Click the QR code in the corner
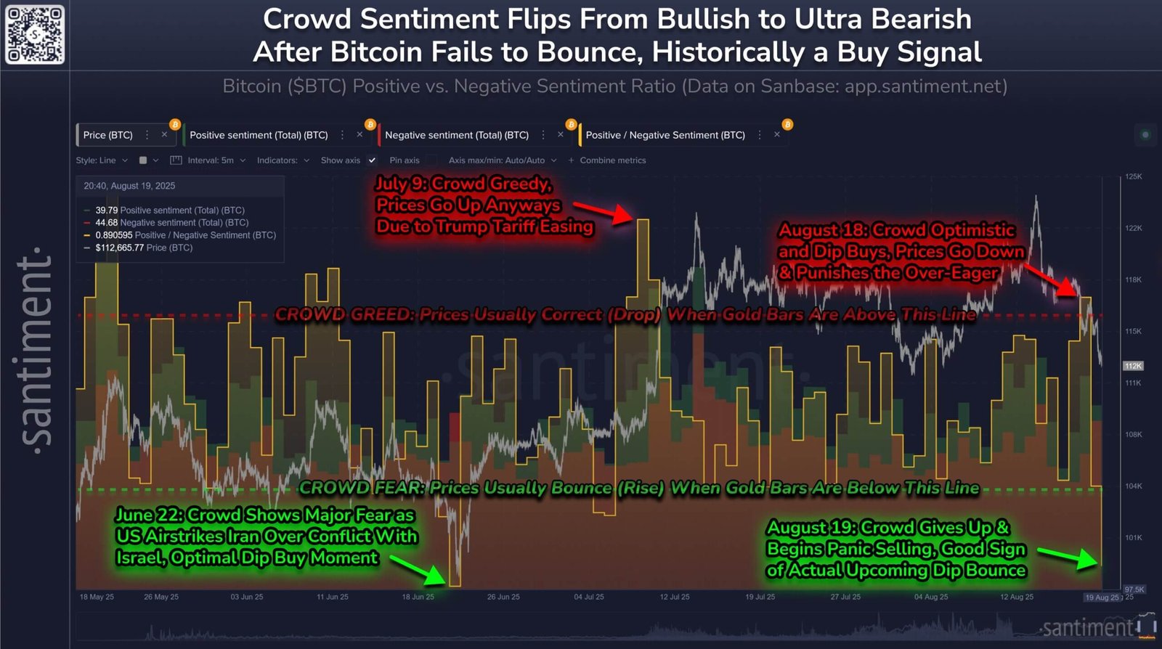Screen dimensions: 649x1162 pyautogui.click(x=35, y=34)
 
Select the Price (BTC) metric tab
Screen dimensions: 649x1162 pyautogui.click(x=108, y=135)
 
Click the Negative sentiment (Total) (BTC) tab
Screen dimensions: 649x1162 pyautogui.click(x=456, y=135)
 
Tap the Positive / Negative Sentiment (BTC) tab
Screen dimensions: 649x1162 pyautogui.click(x=665, y=135)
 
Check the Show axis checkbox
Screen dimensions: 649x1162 pyautogui.click(x=372, y=160)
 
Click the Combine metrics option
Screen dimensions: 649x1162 pyautogui.click(x=612, y=160)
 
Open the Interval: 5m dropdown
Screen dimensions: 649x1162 pyautogui.click(x=210, y=160)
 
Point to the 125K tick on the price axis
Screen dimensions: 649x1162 pyautogui.click(x=1133, y=176)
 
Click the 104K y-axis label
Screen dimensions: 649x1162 pyautogui.click(x=1133, y=486)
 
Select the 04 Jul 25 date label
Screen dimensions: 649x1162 pyautogui.click(x=588, y=597)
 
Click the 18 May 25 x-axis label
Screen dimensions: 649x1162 pyautogui.click(x=97, y=597)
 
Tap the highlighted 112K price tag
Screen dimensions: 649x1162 pyautogui.click(x=1133, y=366)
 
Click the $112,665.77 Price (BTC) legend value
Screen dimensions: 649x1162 pyautogui.click(x=120, y=248)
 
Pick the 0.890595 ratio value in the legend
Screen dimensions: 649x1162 pyautogui.click(x=114, y=235)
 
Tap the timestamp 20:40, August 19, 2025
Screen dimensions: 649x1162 pyautogui.click(x=129, y=186)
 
